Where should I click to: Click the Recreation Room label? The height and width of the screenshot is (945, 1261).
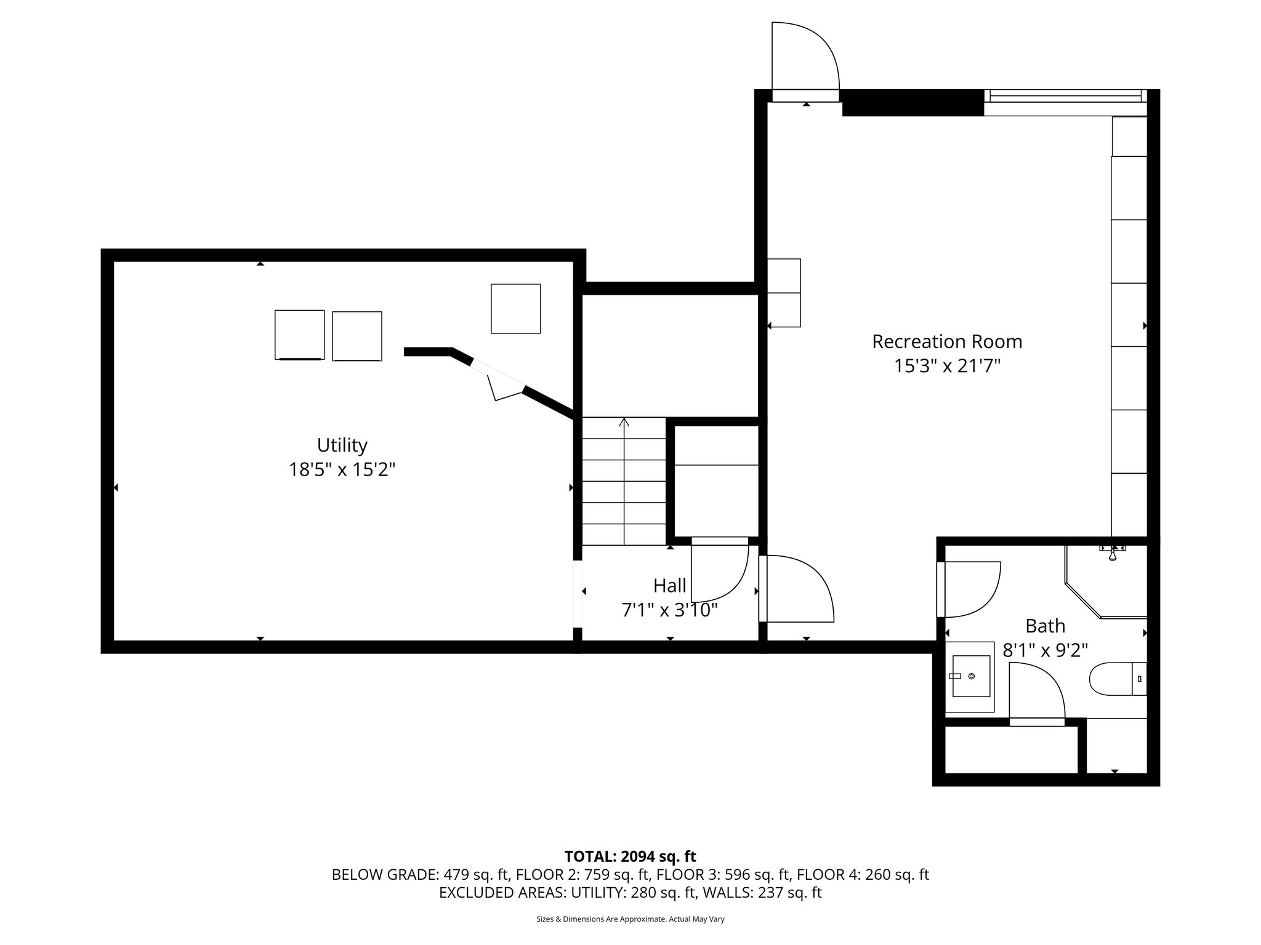[x=946, y=341]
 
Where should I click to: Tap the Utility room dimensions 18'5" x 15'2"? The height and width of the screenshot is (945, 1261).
[x=342, y=470]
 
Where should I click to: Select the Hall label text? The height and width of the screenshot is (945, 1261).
[x=669, y=584]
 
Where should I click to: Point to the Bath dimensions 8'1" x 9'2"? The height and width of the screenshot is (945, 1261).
[x=1045, y=650]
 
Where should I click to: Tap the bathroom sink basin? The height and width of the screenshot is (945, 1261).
[x=971, y=676]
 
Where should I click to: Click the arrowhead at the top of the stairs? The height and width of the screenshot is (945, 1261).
[x=624, y=422]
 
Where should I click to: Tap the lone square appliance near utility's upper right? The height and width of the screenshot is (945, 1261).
[x=515, y=308]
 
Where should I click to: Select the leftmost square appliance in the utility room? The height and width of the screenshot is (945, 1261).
[x=299, y=335]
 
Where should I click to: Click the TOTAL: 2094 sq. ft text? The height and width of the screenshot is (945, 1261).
[x=630, y=856]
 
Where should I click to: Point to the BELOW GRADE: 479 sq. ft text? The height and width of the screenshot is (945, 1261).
[x=421, y=874]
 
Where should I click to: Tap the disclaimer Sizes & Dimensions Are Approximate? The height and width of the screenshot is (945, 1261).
[x=630, y=919]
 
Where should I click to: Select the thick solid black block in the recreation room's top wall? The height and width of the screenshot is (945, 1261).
[x=912, y=103]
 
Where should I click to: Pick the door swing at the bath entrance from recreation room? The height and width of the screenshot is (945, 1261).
[x=970, y=589]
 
